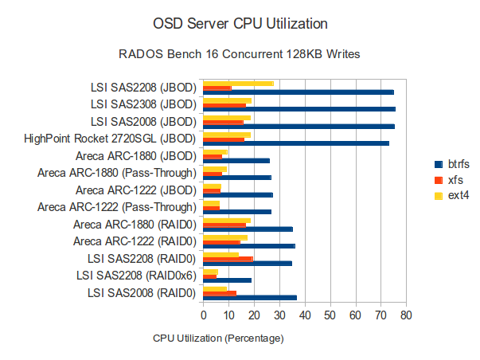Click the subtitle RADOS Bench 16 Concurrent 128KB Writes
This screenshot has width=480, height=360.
pyautogui.click(x=240, y=55)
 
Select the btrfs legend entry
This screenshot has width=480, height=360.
pyautogui.click(x=452, y=163)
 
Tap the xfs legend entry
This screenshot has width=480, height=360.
pyautogui.click(x=449, y=179)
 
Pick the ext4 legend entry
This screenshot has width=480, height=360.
pyautogui.click(x=451, y=195)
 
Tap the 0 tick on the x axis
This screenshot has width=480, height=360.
pyautogui.click(x=204, y=316)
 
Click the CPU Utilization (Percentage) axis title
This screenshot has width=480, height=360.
pyautogui.click(x=218, y=338)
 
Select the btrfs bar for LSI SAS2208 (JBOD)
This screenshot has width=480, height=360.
pyautogui.click(x=299, y=92)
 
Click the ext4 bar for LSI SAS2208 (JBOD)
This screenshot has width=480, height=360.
pyautogui.click(x=239, y=83)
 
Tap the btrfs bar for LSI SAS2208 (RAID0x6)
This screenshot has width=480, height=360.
pyautogui.click(x=228, y=280)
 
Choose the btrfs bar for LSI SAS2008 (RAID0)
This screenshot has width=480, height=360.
pyautogui.click(x=250, y=298)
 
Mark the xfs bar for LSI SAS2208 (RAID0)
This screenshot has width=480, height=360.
pyautogui.click(x=228, y=258)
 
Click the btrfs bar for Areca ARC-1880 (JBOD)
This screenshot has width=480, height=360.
pyautogui.click(x=236, y=161)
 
